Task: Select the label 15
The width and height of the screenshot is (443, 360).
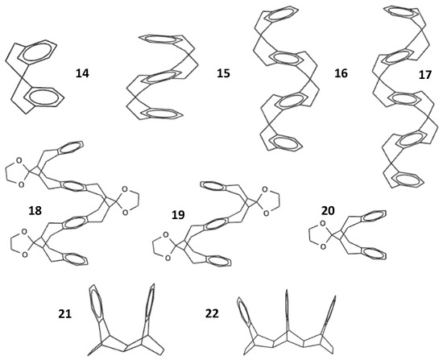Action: coord(224,73)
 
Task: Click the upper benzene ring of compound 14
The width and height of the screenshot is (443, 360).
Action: coord(39,54)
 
